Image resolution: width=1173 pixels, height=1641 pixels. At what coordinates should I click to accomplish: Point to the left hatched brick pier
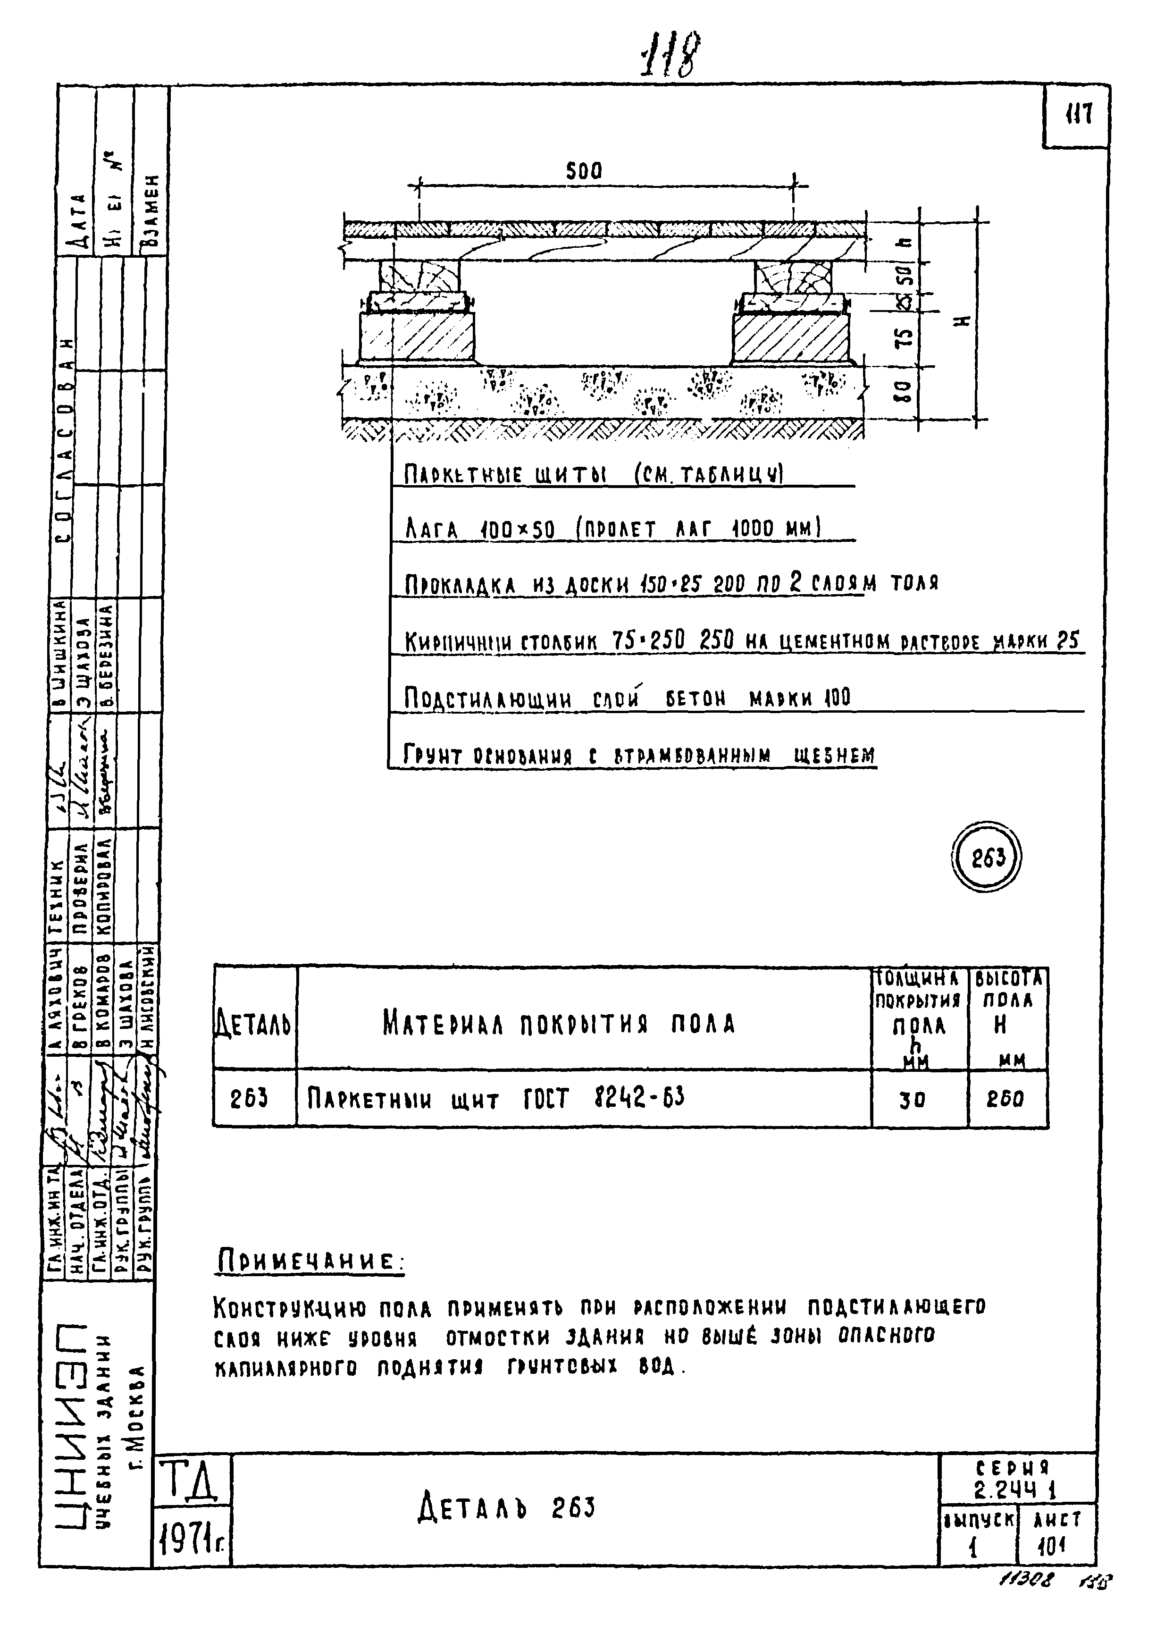point(417,337)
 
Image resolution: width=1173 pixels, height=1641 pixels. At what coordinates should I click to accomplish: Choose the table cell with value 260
point(1005,1100)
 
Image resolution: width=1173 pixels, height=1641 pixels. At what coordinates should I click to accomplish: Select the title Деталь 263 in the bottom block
point(506,1508)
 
